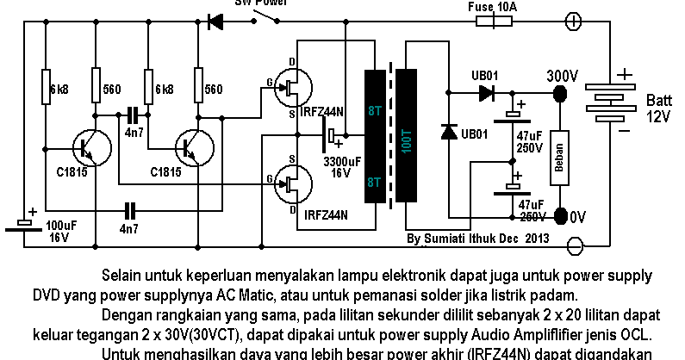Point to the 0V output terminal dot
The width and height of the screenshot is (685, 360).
560,214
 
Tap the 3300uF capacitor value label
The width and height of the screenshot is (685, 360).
342,161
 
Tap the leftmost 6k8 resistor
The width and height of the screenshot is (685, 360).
46,89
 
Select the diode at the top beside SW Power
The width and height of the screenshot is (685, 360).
215,22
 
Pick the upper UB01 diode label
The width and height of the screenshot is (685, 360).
484,76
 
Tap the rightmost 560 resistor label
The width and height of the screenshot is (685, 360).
213,89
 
